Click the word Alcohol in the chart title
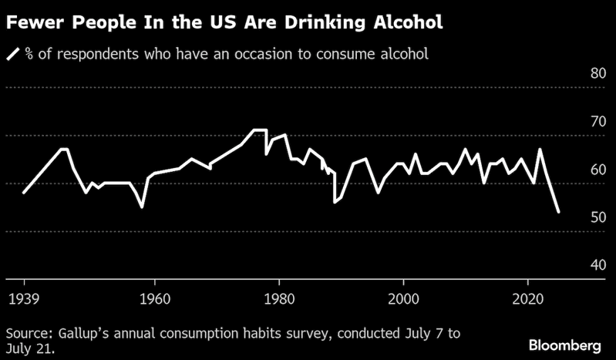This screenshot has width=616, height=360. tap(404, 22)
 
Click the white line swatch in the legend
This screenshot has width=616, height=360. tap(14, 54)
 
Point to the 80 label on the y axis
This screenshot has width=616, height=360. tap(597, 74)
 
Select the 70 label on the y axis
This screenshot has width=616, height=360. tap(597, 122)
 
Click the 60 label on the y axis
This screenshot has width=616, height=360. tap(597, 170)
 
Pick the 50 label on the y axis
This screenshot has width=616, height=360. tap(597, 217)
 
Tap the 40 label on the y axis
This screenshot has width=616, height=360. tap(597, 265)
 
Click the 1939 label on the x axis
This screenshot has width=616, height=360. tap(24, 297)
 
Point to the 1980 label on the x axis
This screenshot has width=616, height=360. tap(279, 297)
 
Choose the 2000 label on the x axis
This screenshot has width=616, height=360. tap(403, 297)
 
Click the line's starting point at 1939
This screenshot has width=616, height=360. tap(24, 193)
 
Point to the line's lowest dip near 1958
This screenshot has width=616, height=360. tap(142, 207)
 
